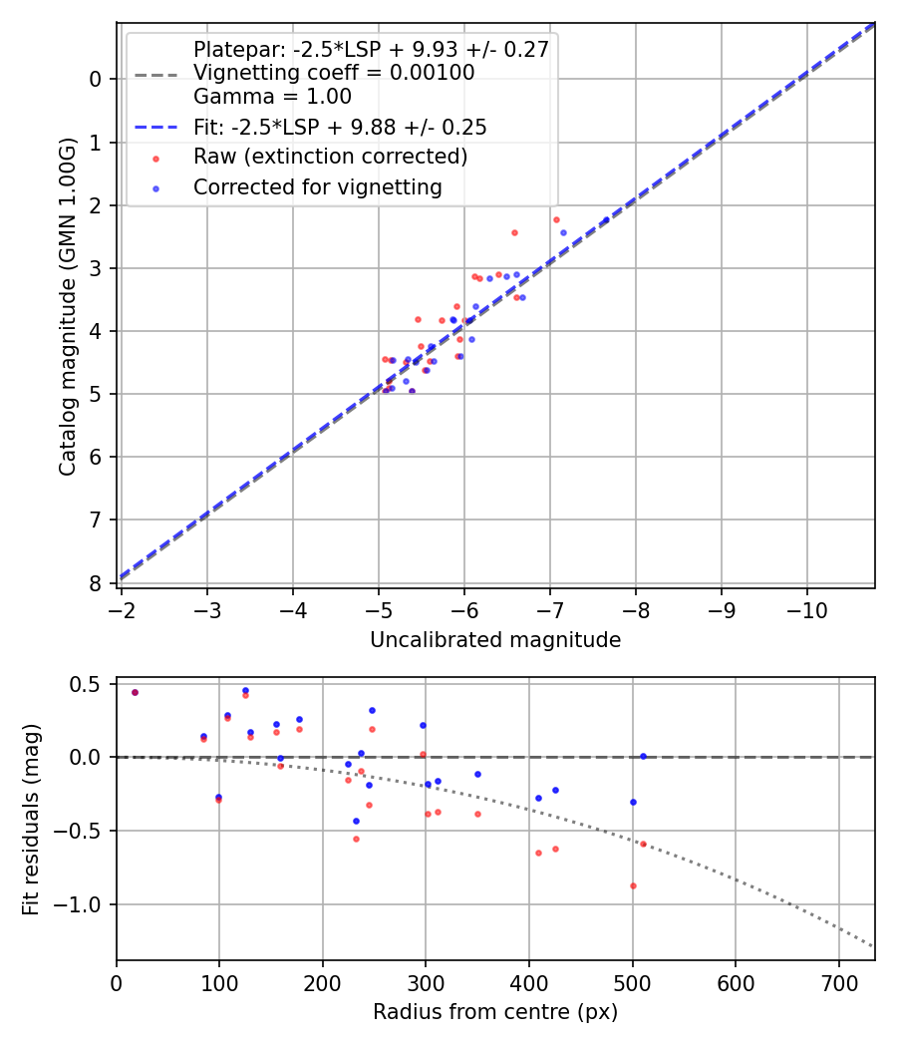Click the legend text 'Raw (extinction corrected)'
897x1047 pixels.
pyautogui.click(x=330, y=157)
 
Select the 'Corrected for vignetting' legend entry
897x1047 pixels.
pyautogui.click(x=318, y=186)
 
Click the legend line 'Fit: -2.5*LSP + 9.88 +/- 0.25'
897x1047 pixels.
pyautogui.click(x=340, y=128)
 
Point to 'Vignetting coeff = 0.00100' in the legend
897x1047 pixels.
pyautogui.click(x=334, y=73)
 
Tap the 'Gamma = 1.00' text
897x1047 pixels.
pyautogui.click(x=272, y=97)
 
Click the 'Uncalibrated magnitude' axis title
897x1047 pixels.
pyautogui.click(x=495, y=640)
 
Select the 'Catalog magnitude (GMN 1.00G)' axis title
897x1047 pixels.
pyautogui.click(x=67, y=302)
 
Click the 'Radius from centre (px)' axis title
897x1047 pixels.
pyautogui.click(x=495, y=1012)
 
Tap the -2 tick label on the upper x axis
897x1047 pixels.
pyautogui.click(x=122, y=609)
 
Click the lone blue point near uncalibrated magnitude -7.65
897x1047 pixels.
pyautogui.click(x=605, y=220)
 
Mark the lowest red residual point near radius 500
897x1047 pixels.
pyautogui.click(x=633, y=885)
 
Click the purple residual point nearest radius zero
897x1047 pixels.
pyautogui.click(x=135, y=692)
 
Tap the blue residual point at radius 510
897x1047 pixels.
pyautogui.click(x=643, y=756)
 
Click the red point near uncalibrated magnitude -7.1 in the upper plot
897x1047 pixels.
pyautogui.click(x=556, y=219)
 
